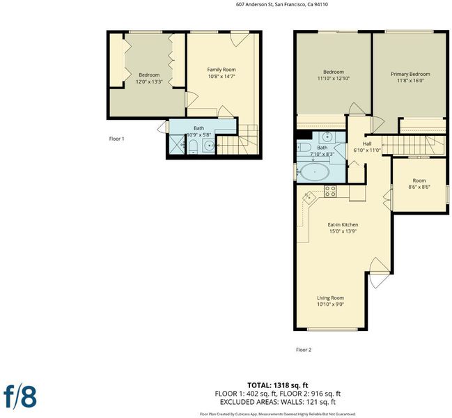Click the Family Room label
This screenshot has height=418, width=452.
tap(221, 70)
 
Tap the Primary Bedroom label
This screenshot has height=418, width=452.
tap(410, 74)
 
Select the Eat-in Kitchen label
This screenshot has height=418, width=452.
tap(343, 224)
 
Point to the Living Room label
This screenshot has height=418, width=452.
tap(330, 297)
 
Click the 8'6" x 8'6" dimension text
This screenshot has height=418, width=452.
tap(419, 187)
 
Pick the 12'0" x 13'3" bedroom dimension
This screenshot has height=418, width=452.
tap(149, 82)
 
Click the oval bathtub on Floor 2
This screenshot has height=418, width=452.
tap(315, 172)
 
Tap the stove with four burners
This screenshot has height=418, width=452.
tap(330, 191)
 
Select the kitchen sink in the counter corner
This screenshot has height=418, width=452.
tap(309, 198)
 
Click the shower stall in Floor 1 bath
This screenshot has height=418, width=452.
tap(176, 144)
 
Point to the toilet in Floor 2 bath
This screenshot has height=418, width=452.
tap(304, 147)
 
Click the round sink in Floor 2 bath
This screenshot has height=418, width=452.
tap(327, 137)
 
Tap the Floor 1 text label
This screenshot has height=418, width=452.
tap(116, 139)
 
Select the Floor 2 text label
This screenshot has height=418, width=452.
tap(304, 350)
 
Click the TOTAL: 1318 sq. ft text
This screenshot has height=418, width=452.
tap(278, 385)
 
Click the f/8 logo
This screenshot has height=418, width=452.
tap(20, 396)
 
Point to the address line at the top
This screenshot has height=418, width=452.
tap(281, 4)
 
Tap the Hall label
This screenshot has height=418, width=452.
tap(367, 144)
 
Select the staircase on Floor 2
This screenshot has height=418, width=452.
tap(414, 146)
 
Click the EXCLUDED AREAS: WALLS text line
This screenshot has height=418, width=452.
tap(278, 401)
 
